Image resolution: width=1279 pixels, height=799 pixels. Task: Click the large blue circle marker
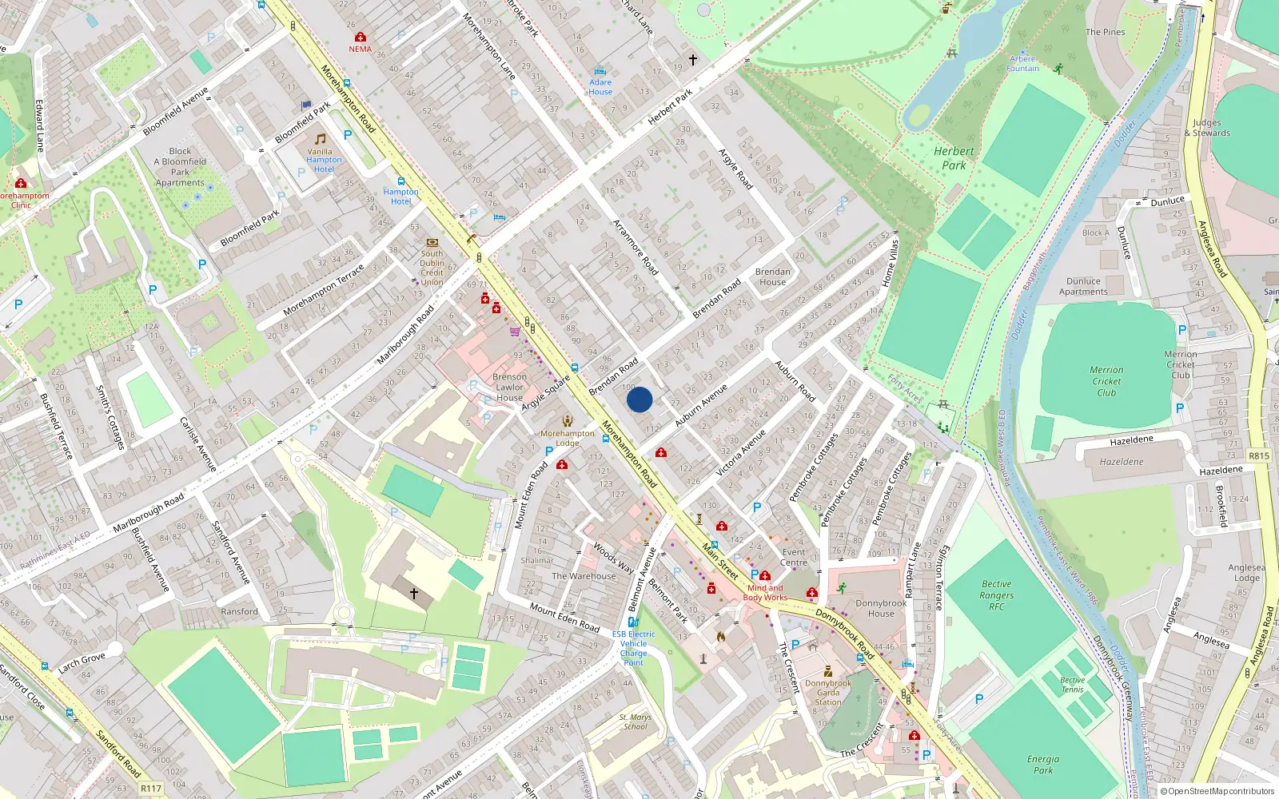639,399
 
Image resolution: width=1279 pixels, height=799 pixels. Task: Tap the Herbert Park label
954,158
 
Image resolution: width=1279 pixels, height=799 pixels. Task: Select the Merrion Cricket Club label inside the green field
1106,381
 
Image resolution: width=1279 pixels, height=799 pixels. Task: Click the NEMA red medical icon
361,38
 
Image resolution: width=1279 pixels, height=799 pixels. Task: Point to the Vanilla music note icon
320,139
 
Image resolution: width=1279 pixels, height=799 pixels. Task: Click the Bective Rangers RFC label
996,595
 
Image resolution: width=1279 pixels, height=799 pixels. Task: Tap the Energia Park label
1043,765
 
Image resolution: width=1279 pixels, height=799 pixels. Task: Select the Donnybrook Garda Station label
828,693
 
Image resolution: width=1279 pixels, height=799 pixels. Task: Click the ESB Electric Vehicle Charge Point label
633,648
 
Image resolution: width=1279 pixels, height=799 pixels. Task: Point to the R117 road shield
151,789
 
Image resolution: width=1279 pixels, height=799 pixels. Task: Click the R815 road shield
1259,455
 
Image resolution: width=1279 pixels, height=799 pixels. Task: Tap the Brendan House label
772,276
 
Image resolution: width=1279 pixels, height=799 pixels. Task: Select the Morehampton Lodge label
568,438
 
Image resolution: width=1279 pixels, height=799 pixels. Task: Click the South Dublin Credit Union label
432,268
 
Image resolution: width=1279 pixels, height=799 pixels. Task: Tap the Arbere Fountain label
1023,64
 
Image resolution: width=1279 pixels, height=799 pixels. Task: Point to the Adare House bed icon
600,71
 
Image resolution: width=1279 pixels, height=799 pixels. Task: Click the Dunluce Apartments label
1083,286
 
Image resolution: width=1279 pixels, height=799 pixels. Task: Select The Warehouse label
584,576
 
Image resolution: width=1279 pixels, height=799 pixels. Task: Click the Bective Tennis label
1072,685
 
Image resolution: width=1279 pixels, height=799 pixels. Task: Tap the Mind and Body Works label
765,593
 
